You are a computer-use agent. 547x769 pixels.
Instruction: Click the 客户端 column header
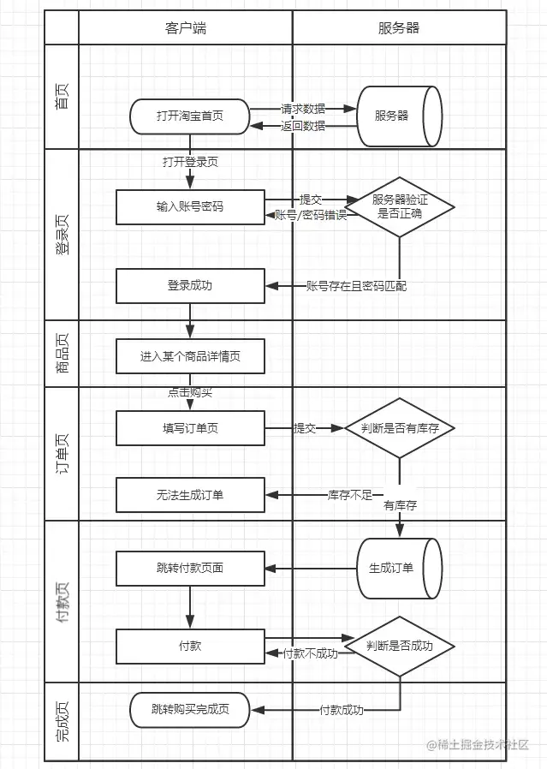tap(186, 27)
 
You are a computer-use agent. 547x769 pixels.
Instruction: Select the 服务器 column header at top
tap(399, 27)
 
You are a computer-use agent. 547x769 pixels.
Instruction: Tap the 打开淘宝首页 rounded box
tap(190, 116)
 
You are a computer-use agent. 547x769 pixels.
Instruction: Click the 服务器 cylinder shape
tap(399, 116)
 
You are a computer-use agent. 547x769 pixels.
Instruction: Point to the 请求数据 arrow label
tap(303, 109)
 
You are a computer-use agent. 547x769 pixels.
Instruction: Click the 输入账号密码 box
tap(190, 206)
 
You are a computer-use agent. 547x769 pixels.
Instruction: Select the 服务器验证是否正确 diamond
tap(400, 206)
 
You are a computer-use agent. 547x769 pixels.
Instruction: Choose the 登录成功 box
tap(190, 285)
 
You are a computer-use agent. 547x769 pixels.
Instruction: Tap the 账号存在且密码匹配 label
tap(356, 286)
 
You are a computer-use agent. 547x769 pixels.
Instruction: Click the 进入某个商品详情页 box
tap(190, 356)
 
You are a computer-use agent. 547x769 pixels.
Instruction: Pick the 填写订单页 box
tap(190, 428)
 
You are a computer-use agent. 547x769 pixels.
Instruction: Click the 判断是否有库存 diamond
tap(400, 428)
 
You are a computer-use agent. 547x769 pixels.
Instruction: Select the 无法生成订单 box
tap(190, 495)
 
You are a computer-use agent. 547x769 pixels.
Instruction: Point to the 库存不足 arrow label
tap(349, 495)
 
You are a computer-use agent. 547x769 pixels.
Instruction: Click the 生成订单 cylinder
tap(398, 568)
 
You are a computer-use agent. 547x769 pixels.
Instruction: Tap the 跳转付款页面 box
tap(190, 568)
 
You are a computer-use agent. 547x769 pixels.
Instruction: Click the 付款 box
tap(190, 646)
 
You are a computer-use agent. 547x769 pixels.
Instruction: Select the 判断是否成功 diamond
tap(400, 646)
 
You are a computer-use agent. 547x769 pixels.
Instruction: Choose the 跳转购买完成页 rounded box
tap(190, 709)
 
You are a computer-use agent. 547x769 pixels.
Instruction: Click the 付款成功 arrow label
tap(342, 710)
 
